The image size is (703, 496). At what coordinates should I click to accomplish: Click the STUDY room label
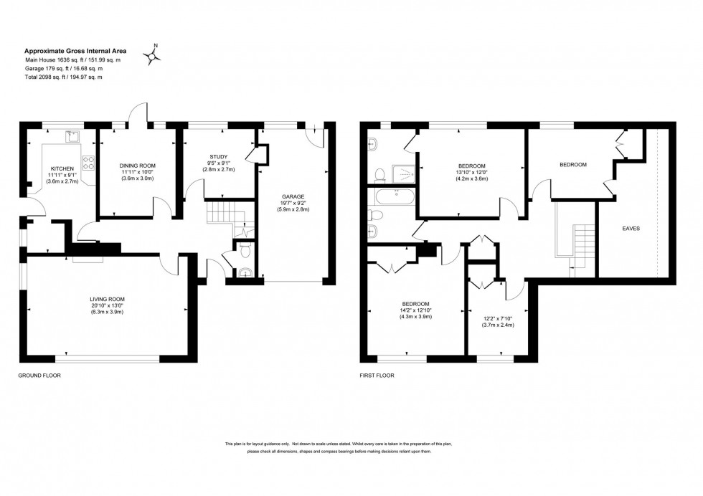(x=218, y=156)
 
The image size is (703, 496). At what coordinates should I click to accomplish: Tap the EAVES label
(x=631, y=229)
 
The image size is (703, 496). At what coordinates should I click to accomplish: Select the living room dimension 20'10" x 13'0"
(x=107, y=306)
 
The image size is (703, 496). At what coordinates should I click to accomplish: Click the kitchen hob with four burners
(x=90, y=163)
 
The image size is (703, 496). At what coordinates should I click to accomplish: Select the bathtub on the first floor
(x=392, y=194)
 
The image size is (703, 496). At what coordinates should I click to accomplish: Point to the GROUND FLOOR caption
(x=39, y=375)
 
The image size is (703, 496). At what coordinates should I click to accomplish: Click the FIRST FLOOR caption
(x=377, y=375)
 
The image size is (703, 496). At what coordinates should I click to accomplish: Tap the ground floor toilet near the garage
(x=245, y=250)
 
